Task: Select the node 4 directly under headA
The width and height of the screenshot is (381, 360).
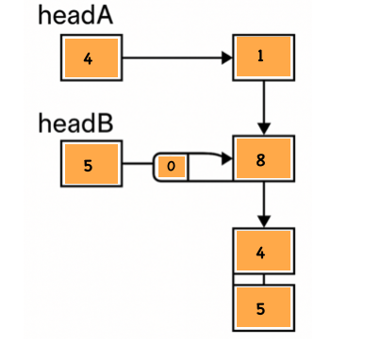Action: [x=90, y=59]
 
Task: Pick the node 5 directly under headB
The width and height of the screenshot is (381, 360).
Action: [x=90, y=166]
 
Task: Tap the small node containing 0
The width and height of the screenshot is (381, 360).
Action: [x=171, y=167]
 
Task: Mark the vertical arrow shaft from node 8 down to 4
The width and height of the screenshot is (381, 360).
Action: [x=265, y=202]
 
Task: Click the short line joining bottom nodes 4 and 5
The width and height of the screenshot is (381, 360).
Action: [x=265, y=280]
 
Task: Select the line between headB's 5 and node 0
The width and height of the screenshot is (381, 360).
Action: [x=138, y=167]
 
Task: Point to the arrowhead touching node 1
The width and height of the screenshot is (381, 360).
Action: [x=227, y=58]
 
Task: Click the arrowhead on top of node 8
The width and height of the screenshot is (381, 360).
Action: [x=265, y=129]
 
